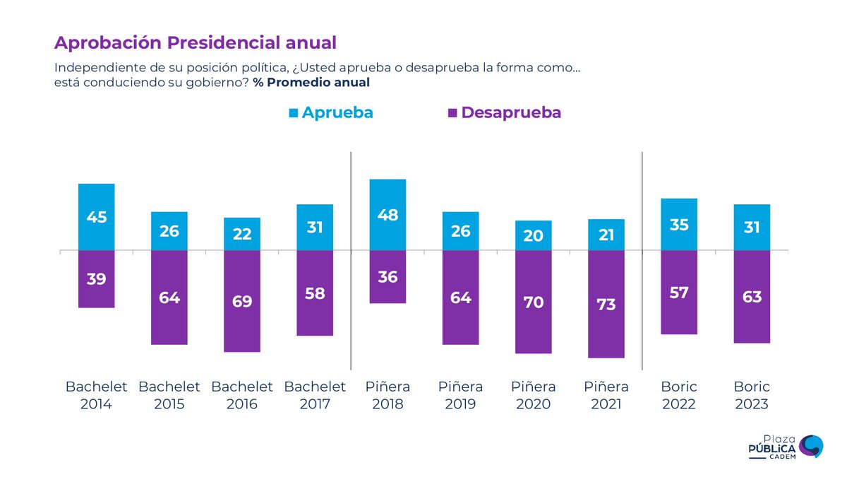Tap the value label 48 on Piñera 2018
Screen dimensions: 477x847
[x=388, y=216]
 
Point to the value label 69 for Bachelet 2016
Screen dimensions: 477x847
[x=242, y=302]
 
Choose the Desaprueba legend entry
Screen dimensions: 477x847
[x=504, y=113]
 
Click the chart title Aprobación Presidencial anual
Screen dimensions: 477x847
[x=195, y=42]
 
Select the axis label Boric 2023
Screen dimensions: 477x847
[x=751, y=396]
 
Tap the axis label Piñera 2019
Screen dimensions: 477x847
[x=460, y=396]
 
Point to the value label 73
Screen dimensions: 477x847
[x=606, y=305]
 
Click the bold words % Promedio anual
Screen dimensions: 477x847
[x=311, y=83]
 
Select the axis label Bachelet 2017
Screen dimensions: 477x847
[x=315, y=396]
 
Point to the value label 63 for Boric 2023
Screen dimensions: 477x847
[x=752, y=297]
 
